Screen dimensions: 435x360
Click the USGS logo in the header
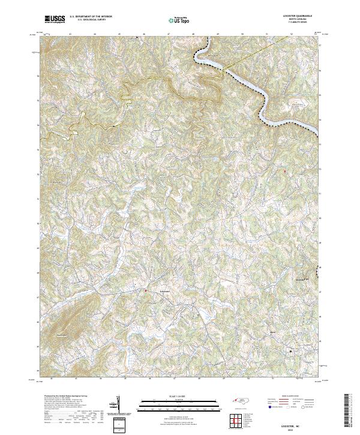(x=55, y=20)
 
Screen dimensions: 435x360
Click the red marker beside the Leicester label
(x=145, y=291)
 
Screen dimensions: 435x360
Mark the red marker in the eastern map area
(x=285, y=172)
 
